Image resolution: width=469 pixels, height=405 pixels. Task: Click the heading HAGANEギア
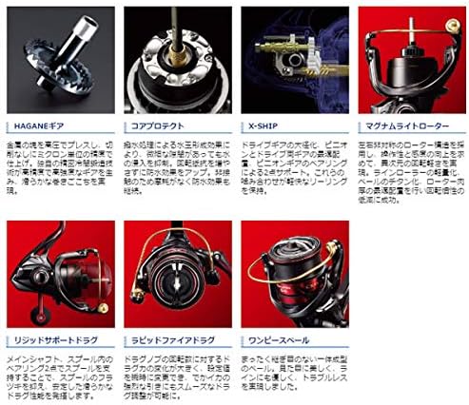tap(34, 125)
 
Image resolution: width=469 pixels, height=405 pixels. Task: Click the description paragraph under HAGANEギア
tap(61, 170)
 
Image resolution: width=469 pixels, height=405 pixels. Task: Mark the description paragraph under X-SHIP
tap(295, 170)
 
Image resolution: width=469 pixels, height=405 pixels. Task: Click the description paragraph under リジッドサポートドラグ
tap(61, 376)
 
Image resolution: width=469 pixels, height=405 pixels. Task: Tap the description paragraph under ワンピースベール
tap(295, 376)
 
